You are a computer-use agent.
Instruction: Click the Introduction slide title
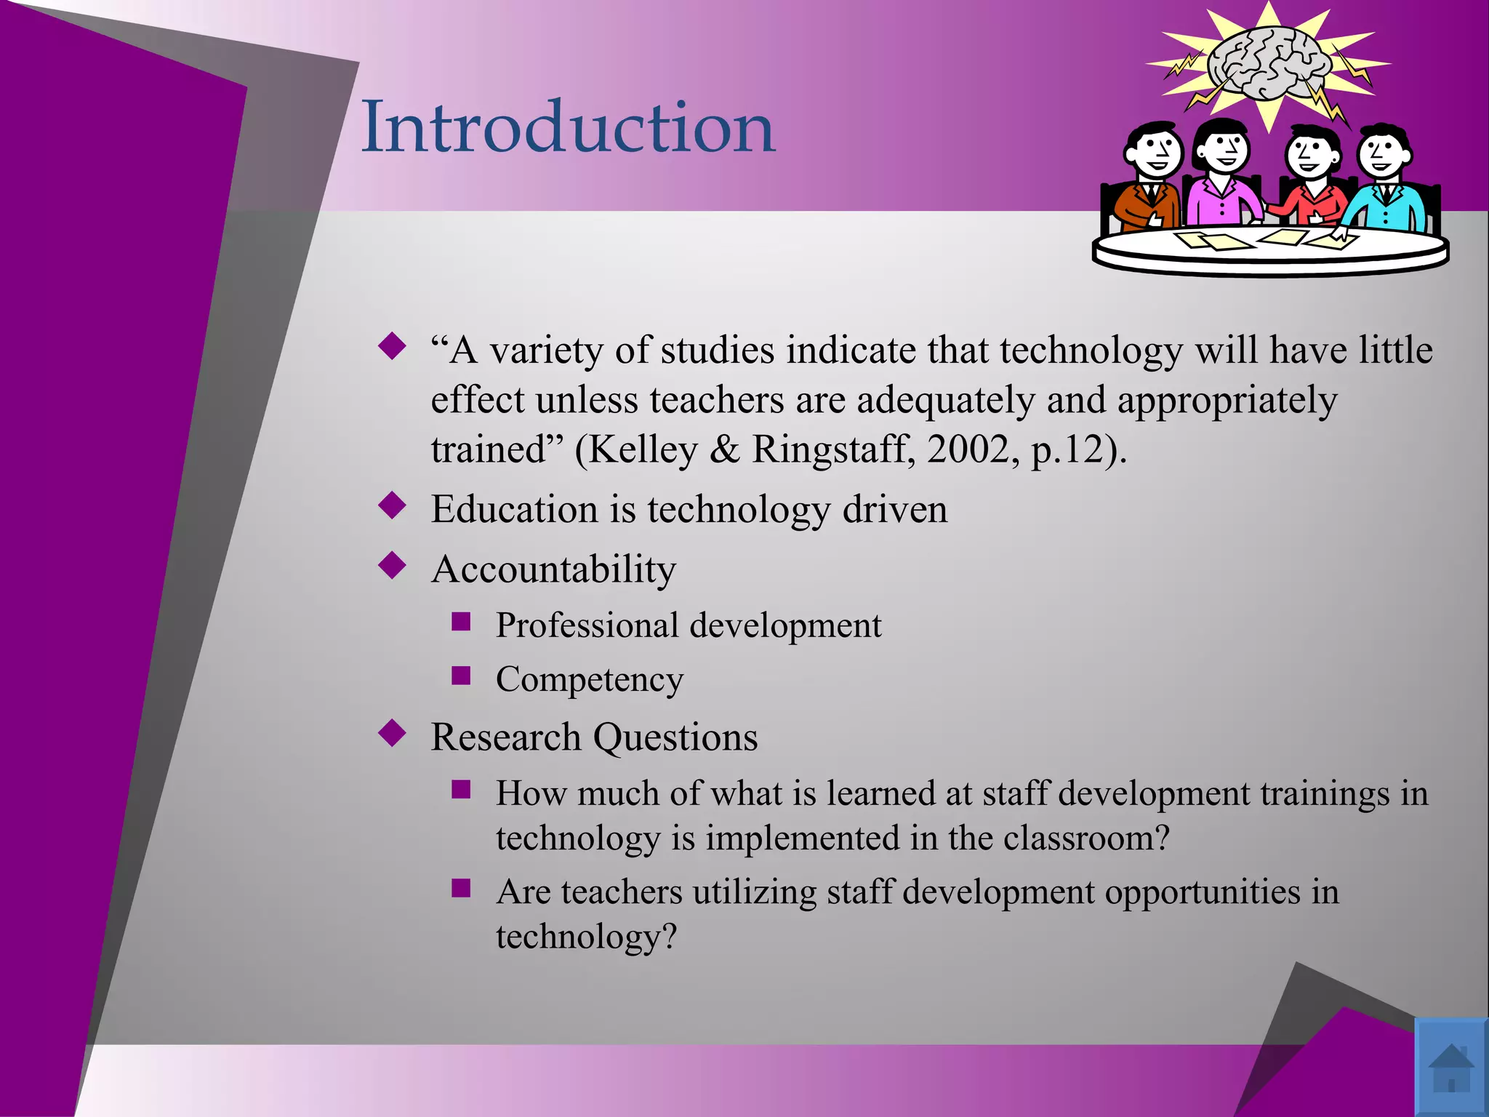(x=568, y=127)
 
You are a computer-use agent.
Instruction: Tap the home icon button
(x=1450, y=1067)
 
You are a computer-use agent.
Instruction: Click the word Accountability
(x=553, y=569)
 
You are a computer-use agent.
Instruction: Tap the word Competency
(x=590, y=680)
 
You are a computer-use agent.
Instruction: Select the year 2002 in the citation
(x=968, y=449)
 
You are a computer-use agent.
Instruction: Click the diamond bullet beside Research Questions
(x=393, y=733)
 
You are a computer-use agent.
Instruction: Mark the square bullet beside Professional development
(x=461, y=622)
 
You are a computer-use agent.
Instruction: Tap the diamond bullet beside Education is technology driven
(x=393, y=505)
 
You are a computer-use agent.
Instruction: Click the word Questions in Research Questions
(x=675, y=737)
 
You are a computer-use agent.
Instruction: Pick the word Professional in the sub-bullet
(x=587, y=625)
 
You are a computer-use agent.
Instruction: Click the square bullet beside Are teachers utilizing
(x=461, y=888)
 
